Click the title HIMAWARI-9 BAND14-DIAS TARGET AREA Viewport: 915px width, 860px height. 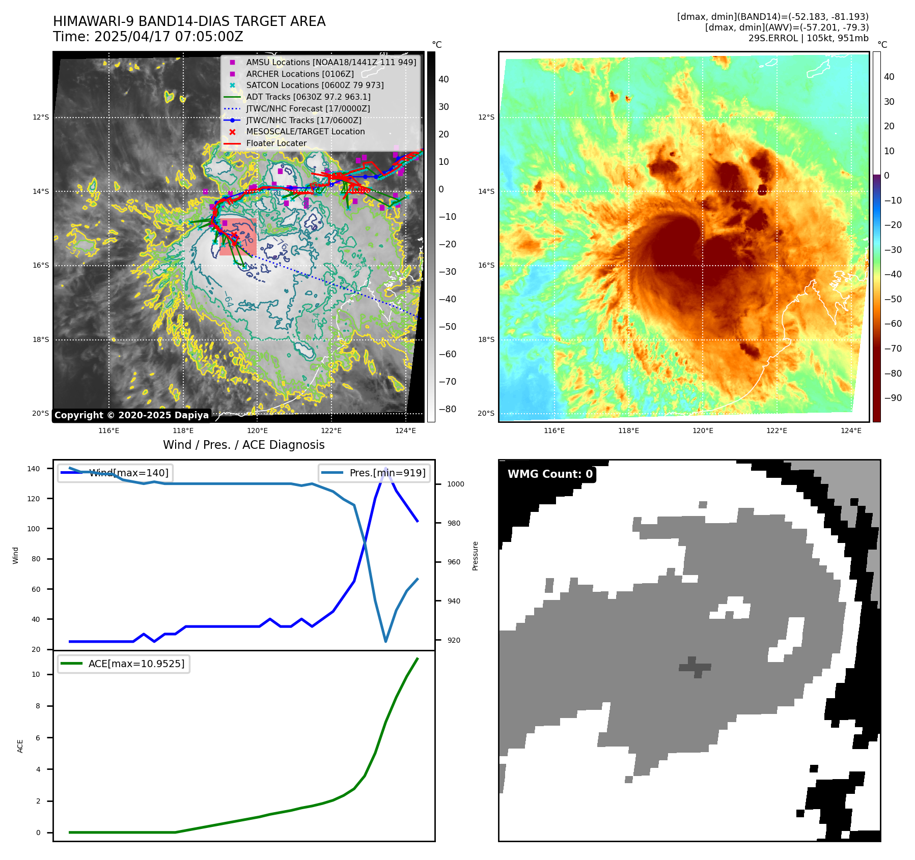[189, 21]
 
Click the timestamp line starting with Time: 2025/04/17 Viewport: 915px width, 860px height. [148, 37]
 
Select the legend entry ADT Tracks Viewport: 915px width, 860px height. [308, 97]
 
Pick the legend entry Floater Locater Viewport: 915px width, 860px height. [276, 144]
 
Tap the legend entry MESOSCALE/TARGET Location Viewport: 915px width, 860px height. [305, 132]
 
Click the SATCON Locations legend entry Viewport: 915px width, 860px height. [315, 85]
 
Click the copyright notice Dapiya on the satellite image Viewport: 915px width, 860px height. [131, 415]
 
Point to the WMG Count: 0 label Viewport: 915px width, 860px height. [550, 474]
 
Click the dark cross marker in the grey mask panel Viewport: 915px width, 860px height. [695, 667]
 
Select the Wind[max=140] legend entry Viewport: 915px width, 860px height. [128, 473]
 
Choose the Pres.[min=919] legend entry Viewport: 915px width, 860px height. [387, 473]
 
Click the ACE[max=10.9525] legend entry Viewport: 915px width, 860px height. [136, 664]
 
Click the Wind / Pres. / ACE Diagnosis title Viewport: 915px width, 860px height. [243, 445]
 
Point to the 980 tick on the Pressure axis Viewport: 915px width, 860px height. [456, 523]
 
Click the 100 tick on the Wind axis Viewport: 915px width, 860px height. [34, 529]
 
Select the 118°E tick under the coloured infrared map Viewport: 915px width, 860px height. [628, 431]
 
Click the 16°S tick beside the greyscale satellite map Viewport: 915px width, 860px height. [41, 265]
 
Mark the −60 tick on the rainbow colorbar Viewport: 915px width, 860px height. [893, 324]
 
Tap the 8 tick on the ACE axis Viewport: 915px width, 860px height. [38, 706]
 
